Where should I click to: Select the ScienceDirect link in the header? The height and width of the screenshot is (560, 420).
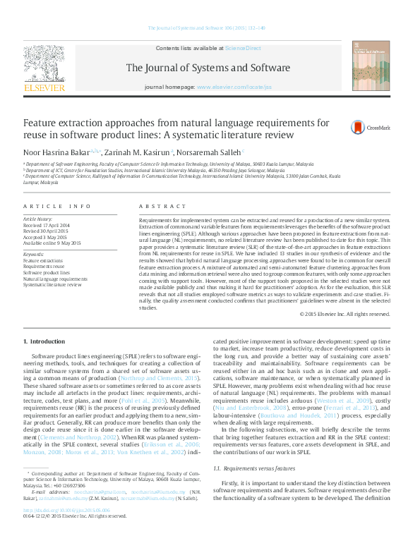tap(243, 48)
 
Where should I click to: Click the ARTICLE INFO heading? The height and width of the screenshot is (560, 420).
tap(57, 206)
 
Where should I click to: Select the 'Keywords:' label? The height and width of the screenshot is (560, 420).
tap(34, 253)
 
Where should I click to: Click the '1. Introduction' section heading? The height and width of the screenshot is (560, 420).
tap(44, 341)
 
